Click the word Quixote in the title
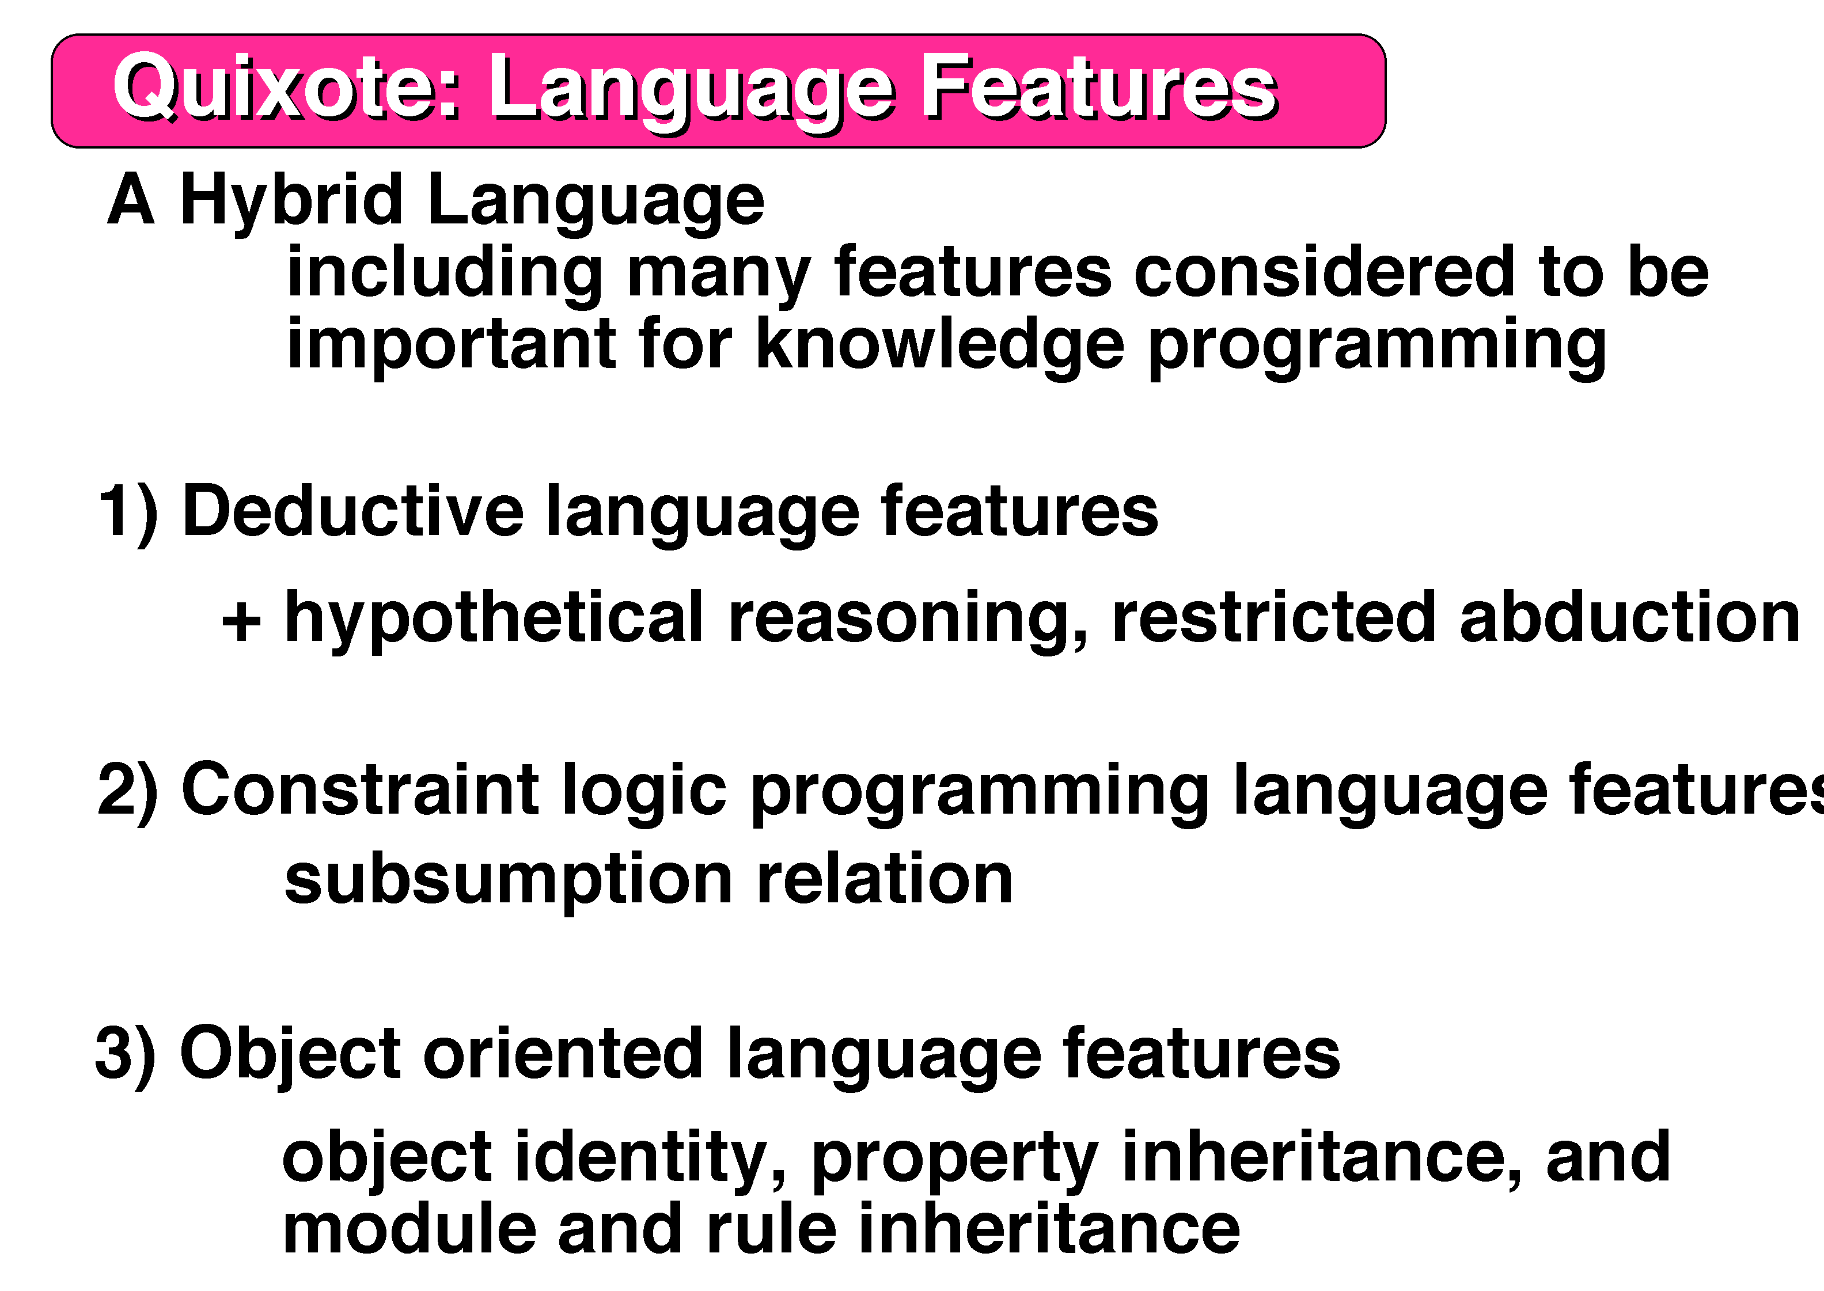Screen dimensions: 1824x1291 pyautogui.click(x=286, y=88)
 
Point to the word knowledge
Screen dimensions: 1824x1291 pyautogui.click(x=940, y=345)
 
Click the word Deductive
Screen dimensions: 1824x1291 pyautogui.click(x=352, y=511)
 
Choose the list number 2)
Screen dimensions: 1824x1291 pyautogui.click(x=128, y=792)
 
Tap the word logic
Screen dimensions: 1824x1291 pyautogui.click(x=644, y=792)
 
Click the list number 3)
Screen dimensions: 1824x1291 pyautogui.click(x=126, y=1055)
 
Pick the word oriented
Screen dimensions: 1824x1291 pyautogui.click(x=563, y=1053)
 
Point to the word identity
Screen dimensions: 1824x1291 pyautogui.click(x=650, y=1159)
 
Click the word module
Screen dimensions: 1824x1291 pyautogui.click(x=410, y=1228)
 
